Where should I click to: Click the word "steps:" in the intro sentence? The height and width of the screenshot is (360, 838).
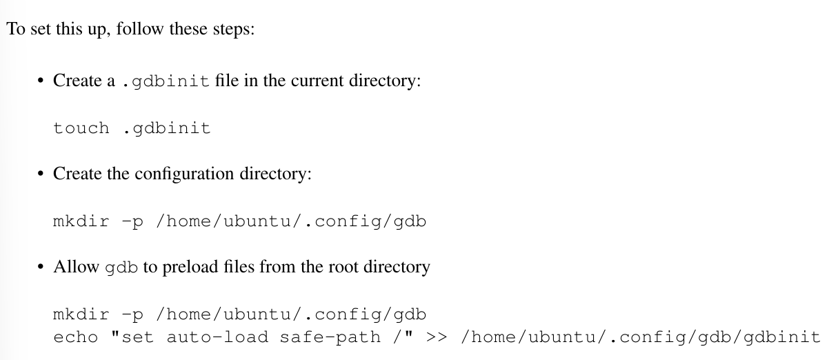[234, 29]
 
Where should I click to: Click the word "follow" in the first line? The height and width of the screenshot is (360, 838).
[140, 28]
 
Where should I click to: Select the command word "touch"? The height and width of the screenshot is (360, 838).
[81, 128]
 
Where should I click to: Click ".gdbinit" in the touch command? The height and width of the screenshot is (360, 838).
[167, 129]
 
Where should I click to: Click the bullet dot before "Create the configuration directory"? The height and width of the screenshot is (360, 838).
[41, 174]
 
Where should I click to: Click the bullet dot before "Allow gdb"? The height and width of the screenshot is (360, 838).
[41, 267]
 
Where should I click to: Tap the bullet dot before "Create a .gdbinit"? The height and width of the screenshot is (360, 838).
[41, 81]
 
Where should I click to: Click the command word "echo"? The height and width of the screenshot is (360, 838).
[76, 337]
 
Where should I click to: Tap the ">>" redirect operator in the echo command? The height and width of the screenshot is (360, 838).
[437, 337]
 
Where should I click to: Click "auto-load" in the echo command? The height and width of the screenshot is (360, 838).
[217, 337]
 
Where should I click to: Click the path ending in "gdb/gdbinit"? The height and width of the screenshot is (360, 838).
[641, 337]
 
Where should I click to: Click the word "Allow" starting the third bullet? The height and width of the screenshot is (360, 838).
[77, 267]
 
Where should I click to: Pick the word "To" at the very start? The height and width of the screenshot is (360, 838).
[16, 29]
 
